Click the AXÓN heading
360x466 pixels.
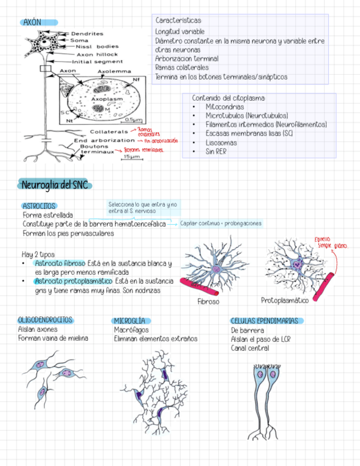point(32,22)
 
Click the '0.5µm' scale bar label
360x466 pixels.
point(134,119)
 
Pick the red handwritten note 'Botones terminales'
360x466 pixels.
point(143,149)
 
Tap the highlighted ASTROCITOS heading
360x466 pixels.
point(39,206)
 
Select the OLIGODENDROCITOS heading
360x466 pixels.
point(45,320)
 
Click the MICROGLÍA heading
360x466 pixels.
point(130,320)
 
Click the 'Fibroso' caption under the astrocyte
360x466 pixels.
point(208,302)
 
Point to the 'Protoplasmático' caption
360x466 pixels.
point(285,300)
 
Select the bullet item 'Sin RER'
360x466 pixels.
point(215,151)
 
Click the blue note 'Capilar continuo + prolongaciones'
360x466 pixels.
point(220,224)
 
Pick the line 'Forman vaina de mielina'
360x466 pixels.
point(53,339)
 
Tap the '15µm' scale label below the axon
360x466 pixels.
point(131,157)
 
